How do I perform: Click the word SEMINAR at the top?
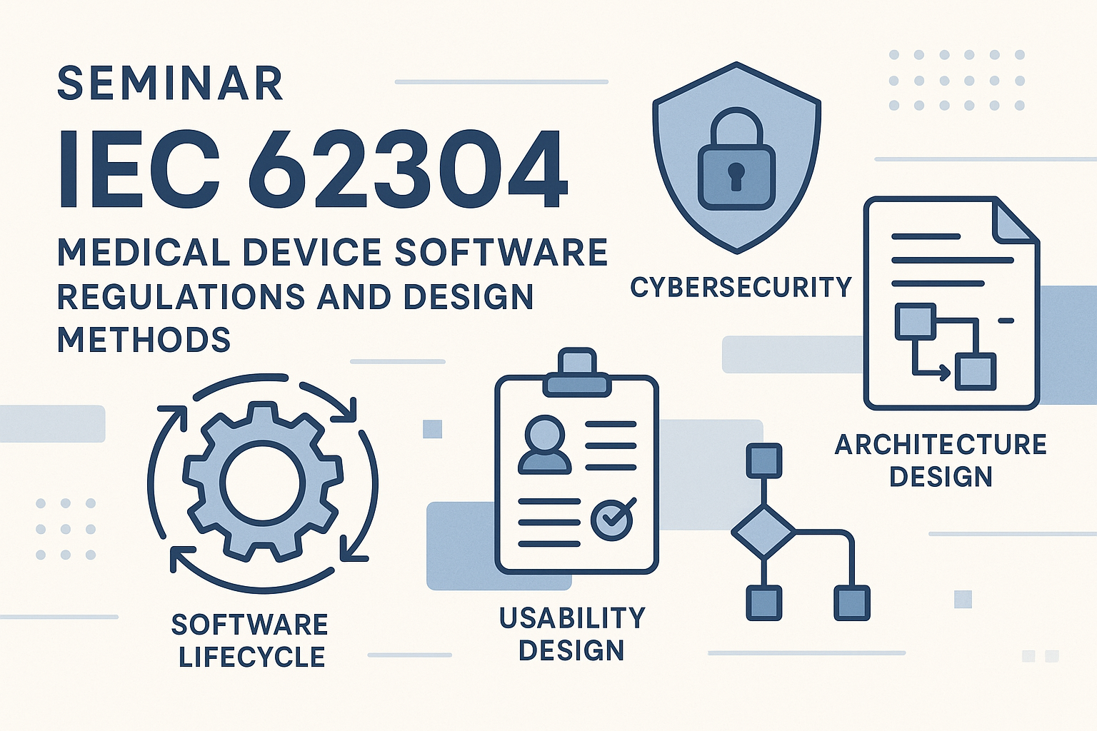point(170,84)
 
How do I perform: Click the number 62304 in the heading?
point(409,168)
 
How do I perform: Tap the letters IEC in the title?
point(139,168)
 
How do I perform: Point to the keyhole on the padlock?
point(736,176)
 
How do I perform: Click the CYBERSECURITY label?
point(741,287)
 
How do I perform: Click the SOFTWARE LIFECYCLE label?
point(250,640)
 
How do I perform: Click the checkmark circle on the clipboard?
point(612,519)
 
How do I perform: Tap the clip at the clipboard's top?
point(577,373)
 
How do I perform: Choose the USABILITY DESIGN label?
point(572,634)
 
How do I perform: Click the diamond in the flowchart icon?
point(763,532)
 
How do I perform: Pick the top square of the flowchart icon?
point(763,460)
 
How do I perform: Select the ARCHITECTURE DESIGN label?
point(941,460)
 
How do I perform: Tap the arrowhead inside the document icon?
point(945,373)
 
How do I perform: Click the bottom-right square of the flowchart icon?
point(851,603)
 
